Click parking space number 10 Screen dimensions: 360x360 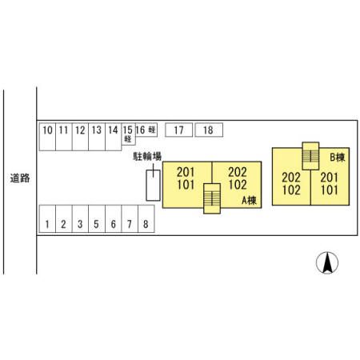(47, 137)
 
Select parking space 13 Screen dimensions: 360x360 (97, 137)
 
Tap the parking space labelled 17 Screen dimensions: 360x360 (178, 130)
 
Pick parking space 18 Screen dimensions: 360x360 (209, 130)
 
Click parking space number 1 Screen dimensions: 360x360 (47, 218)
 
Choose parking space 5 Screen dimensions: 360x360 (97, 218)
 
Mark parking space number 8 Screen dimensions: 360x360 (146, 218)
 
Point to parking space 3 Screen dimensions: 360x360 (80, 218)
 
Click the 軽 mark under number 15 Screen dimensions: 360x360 (128, 139)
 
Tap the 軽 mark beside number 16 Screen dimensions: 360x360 (152, 130)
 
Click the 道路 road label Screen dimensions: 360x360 (20, 178)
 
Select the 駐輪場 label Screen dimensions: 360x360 (147, 156)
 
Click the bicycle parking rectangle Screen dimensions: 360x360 (153, 186)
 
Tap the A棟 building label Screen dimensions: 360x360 (249, 200)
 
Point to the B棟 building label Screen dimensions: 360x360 (338, 158)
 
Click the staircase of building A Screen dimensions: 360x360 (212, 198)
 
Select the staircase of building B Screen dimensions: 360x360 (310, 156)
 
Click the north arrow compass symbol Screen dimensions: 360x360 (327, 262)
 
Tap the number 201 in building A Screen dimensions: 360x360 (186, 172)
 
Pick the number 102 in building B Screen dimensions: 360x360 (291, 190)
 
